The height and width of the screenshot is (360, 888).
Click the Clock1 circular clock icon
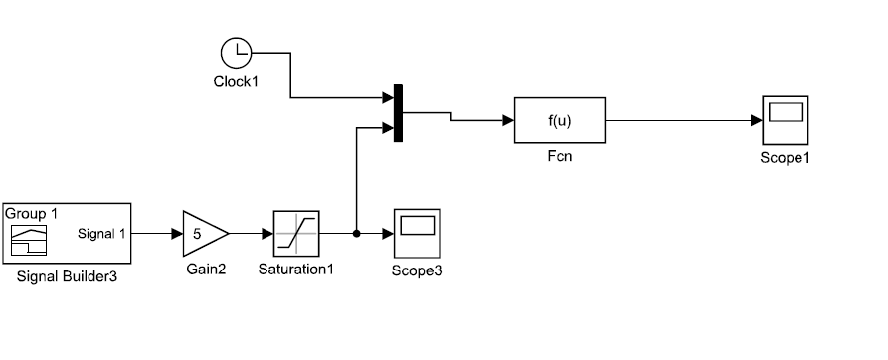pyautogui.click(x=236, y=53)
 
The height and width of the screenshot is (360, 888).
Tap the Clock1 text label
pyautogui.click(x=236, y=81)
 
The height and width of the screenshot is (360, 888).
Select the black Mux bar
pyautogui.click(x=398, y=112)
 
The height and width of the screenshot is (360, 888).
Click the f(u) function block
pyautogui.click(x=560, y=120)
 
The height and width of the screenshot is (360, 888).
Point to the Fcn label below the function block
pyautogui.click(x=560, y=156)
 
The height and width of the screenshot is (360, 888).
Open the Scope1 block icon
pyautogui.click(x=785, y=120)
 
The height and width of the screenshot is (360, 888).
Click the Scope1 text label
pyautogui.click(x=785, y=158)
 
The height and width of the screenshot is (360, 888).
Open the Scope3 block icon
pyautogui.click(x=417, y=234)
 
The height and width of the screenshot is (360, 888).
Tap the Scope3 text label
pyautogui.click(x=417, y=270)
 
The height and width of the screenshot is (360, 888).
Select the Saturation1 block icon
pyautogui.click(x=296, y=234)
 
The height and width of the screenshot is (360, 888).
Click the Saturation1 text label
pyautogui.click(x=296, y=269)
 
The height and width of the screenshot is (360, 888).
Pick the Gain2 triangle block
pyautogui.click(x=206, y=234)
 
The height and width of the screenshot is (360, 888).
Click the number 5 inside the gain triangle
pyautogui.click(x=197, y=234)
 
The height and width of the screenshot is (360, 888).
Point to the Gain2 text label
pyautogui.click(x=206, y=269)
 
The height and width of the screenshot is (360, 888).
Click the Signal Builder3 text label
pyautogui.click(x=67, y=276)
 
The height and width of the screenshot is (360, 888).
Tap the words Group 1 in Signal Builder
pyautogui.click(x=31, y=214)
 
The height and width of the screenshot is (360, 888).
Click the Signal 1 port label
pyautogui.click(x=101, y=234)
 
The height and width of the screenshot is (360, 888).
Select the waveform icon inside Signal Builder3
pyautogui.click(x=29, y=240)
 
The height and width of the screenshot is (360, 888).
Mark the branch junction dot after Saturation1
pyautogui.click(x=356, y=234)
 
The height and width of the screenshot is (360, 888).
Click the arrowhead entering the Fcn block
pyautogui.click(x=508, y=120)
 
